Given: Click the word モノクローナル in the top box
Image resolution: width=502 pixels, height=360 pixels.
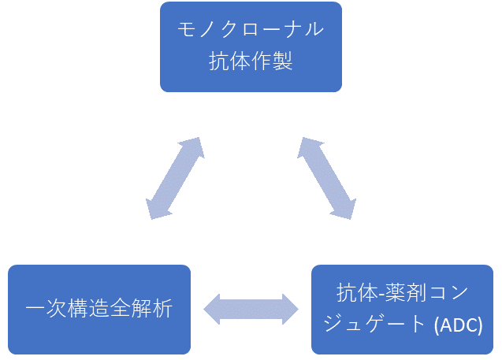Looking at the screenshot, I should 251,32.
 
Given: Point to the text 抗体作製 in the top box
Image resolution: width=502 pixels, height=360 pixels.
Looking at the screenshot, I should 251,61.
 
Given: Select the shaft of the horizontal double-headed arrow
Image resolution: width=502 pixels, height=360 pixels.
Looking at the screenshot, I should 251,309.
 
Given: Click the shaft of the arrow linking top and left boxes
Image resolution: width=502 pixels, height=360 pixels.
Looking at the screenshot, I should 175,179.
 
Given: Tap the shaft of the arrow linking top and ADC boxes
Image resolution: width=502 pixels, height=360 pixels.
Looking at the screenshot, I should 326,178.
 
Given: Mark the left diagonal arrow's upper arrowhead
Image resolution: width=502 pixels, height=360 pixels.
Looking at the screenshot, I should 193,148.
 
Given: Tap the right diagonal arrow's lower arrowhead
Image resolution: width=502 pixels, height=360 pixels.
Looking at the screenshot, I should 345,208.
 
